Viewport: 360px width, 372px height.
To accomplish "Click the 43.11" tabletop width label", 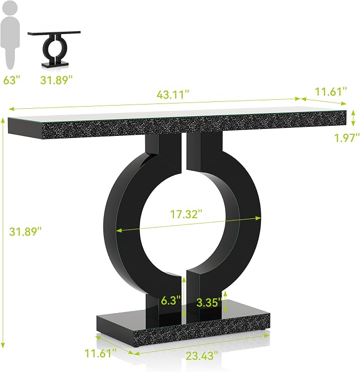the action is click(x=173, y=94).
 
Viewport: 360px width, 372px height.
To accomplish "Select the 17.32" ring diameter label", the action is click(x=186, y=214).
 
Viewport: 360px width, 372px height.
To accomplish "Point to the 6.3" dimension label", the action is click(x=171, y=300).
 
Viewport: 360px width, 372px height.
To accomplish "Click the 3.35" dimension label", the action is click(x=209, y=302).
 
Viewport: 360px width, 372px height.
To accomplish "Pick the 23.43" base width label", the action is click(x=201, y=356).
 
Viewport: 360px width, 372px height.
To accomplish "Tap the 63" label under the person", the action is click(x=12, y=80).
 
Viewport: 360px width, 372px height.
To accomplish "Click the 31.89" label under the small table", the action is click(x=56, y=80).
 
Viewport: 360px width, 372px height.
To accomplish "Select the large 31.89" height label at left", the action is click(x=25, y=231).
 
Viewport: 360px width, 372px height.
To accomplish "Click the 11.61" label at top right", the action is click(x=331, y=92).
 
